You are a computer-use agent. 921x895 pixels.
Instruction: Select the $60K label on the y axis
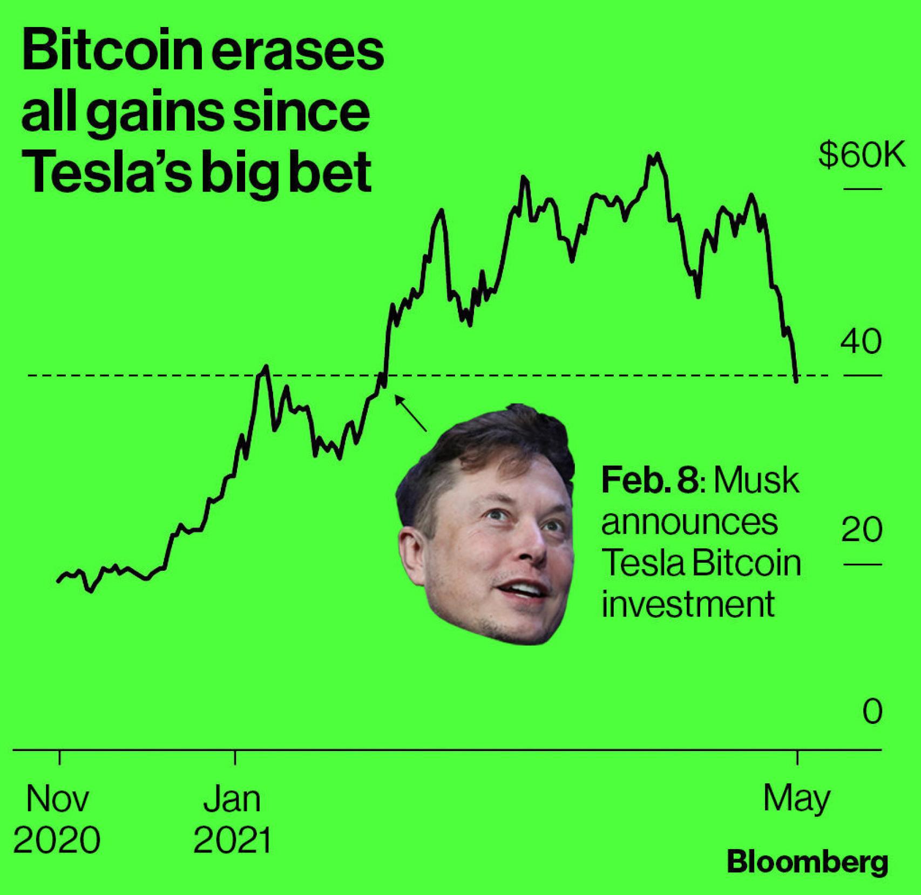(x=861, y=156)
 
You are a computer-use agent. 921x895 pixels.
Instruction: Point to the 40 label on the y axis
(x=861, y=341)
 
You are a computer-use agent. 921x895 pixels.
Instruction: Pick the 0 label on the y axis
(x=872, y=711)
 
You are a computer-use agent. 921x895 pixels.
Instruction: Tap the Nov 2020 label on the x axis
(x=57, y=819)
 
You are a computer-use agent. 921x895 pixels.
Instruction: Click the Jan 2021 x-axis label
(x=232, y=819)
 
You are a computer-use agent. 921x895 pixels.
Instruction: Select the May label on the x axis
(x=797, y=800)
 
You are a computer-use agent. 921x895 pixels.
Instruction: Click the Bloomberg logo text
(x=807, y=862)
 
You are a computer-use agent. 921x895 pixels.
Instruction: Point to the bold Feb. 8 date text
(x=650, y=480)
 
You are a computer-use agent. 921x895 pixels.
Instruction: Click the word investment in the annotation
(x=688, y=604)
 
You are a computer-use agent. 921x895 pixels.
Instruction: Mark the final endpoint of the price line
(x=796, y=381)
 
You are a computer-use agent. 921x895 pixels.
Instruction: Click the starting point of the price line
(x=58, y=582)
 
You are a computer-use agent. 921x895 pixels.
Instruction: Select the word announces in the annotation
(x=689, y=522)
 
